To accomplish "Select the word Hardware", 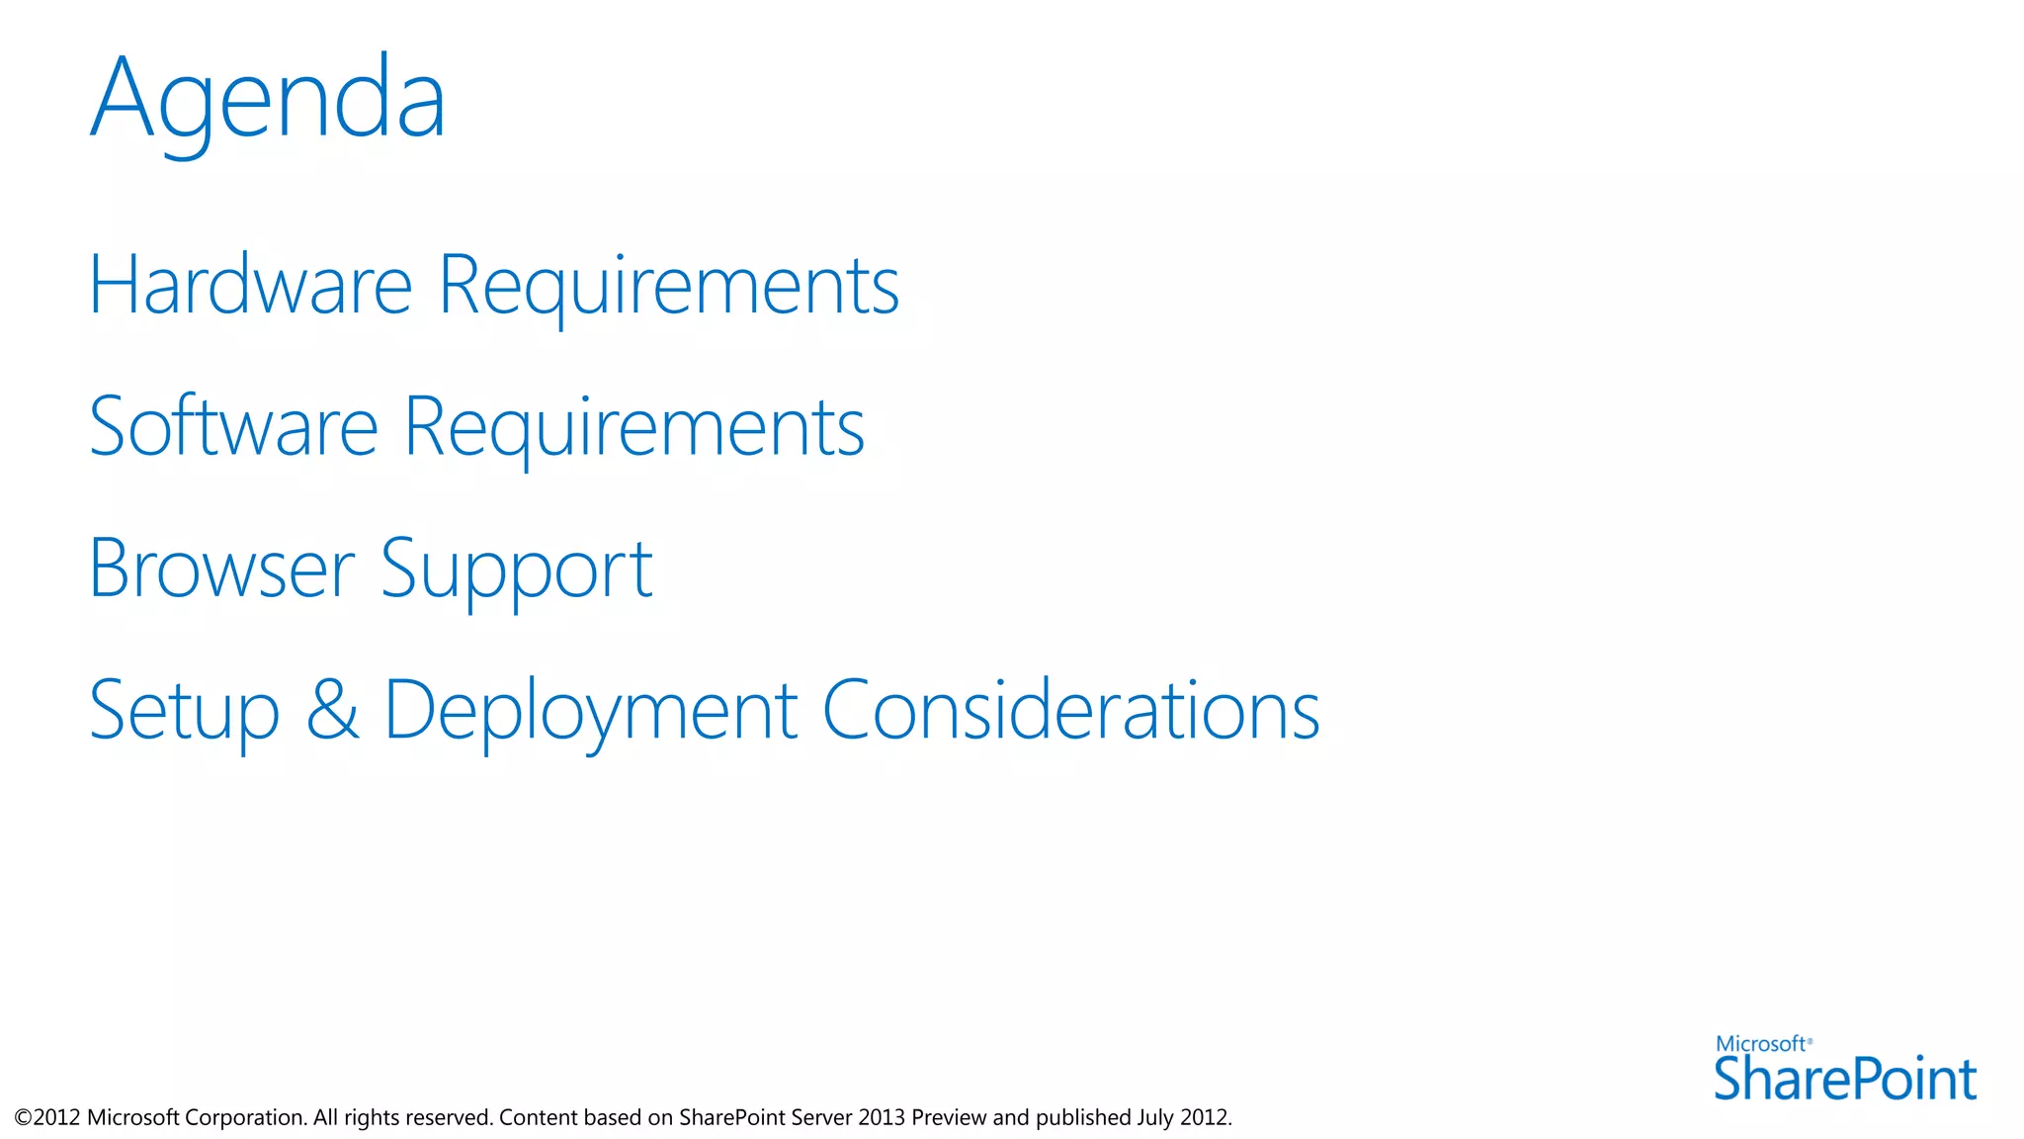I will [x=250, y=286].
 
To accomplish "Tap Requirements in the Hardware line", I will [x=668, y=286].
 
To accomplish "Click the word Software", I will [x=233, y=427].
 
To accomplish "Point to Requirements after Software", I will [x=634, y=427].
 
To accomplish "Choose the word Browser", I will [x=221, y=569].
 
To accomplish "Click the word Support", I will [x=516, y=571].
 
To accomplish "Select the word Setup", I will [x=184, y=712].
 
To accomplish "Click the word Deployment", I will [x=590, y=712].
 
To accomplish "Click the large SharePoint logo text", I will [x=1844, y=1080].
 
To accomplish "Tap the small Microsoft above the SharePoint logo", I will [x=1760, y=1044].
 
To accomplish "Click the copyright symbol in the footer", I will [x=23, y=1118].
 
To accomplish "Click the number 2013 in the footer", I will [x=882, y=1117].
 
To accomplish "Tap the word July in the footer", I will [x=1155, y=1117].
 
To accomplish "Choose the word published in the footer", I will [x=1083, y=1118].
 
